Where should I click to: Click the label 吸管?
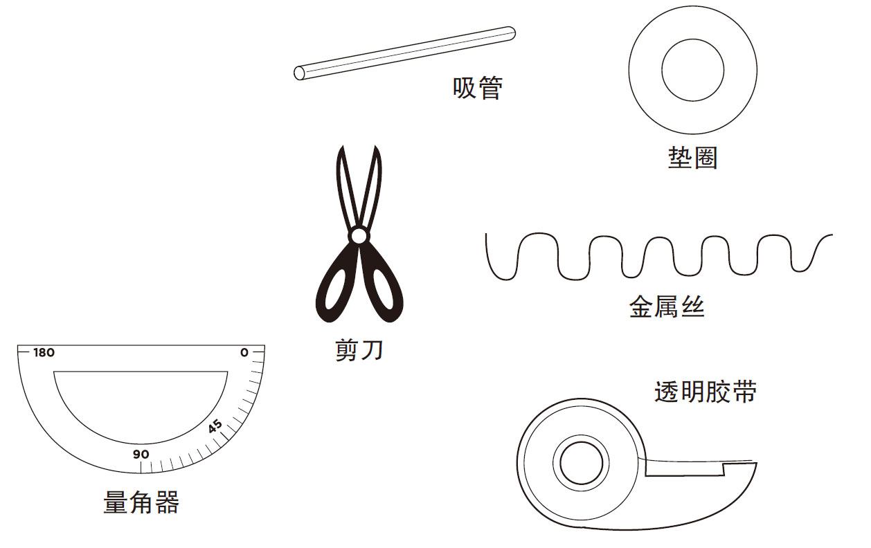point(477,88)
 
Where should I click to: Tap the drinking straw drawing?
point(405,53)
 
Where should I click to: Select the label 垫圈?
point(692,158)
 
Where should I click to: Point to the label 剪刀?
point(359,351)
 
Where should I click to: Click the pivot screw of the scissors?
point(359,237)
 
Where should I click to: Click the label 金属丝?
point(666,306)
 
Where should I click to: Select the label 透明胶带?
point(705,392)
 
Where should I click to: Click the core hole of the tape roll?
point(581,463)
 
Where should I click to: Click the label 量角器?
point(141,502)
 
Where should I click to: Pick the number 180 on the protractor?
point(44,353)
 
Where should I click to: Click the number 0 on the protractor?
point(243,353)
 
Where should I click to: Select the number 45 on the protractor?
point(215,426)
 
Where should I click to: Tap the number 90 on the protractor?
point(141,455)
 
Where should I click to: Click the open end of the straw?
point(299,73)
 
